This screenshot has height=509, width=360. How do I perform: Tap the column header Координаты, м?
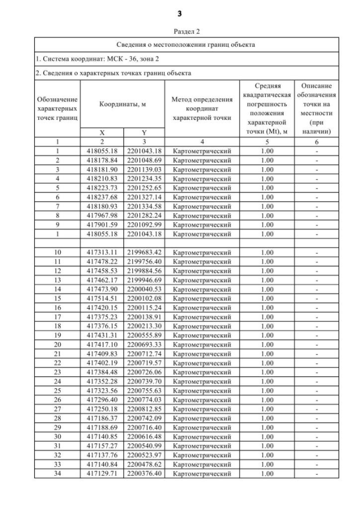pos(122,104)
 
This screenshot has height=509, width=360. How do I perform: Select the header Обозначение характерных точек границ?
pos(57,109)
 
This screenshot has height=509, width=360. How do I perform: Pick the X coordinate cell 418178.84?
pos(102,160)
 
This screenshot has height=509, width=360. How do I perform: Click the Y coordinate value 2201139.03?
pos(144,169)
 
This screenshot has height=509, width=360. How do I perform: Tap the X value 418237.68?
pos(102,197)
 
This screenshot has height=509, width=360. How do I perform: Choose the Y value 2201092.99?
pos(144,224)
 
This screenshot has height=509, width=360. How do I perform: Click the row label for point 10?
pos(57,253)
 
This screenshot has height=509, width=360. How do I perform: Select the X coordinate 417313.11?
pos(102,253)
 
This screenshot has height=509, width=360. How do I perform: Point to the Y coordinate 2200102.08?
pos(144,299)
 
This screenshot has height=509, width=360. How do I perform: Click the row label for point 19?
pos(57,335)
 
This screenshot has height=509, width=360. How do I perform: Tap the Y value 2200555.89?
pos(144,335)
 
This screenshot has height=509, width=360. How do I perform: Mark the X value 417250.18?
pos(102,409)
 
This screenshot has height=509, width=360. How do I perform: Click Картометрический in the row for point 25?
pos(201,390)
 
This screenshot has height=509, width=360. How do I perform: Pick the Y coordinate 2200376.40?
pos(144,474)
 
